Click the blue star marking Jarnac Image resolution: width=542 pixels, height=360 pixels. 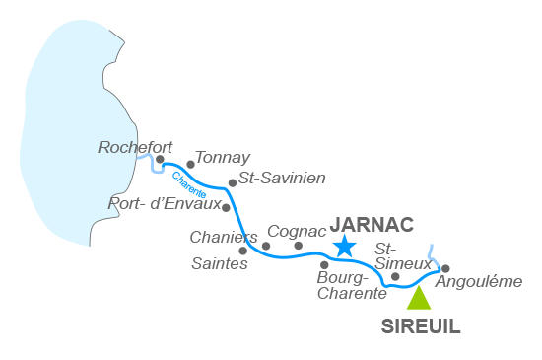click(x=343, y=247)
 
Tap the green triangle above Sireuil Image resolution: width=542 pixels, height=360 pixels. click(x=419, y=299)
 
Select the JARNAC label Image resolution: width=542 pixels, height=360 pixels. click(x=372, y=222)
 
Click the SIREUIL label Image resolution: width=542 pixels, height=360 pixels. click(x=421, y=327)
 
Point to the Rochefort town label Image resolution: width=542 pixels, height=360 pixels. click(x=128, y=147)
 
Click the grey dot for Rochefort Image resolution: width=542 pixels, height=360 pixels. click(x=160, y=158)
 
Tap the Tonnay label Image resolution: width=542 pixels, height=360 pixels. click(x=223, y=157)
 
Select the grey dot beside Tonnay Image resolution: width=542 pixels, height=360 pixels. click(x=190, y=165)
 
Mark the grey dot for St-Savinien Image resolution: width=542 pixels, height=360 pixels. click(x=232, y=182)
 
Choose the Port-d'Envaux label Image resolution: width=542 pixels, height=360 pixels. click(x=164, y=204)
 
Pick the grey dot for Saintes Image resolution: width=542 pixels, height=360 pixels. click(x=243, y=251)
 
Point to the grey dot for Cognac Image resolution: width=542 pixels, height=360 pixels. click(x=298, y=246)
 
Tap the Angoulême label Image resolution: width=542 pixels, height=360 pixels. click(x=479, y=281)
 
